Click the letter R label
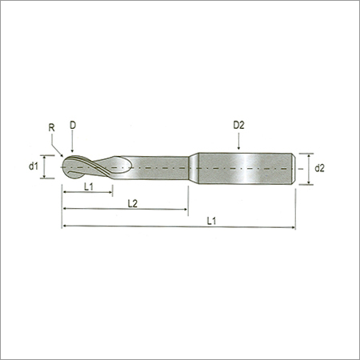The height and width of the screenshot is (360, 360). coord(52,128)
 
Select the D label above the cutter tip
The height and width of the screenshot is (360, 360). coord(73,125)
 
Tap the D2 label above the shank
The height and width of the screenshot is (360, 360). coord(238,125)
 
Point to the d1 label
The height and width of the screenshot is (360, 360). coord(34,166)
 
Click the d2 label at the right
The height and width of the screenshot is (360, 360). coord(319,168)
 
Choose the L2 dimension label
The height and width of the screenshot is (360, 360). coord(133,204)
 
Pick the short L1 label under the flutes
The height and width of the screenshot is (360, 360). coord(89,187)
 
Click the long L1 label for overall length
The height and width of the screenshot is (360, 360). coord(211,221)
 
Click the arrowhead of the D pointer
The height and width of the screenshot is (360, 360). coord(73,150)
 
